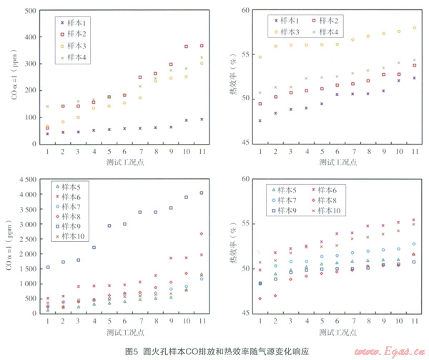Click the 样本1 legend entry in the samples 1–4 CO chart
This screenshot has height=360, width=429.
pos(75,23)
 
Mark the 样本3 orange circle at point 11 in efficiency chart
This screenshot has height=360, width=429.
pos(415,28)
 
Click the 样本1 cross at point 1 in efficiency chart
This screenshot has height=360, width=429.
pos(260,121)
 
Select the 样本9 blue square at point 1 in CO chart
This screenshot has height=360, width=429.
pos(48,268)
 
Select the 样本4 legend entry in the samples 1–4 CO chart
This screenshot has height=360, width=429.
pos(75,57)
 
